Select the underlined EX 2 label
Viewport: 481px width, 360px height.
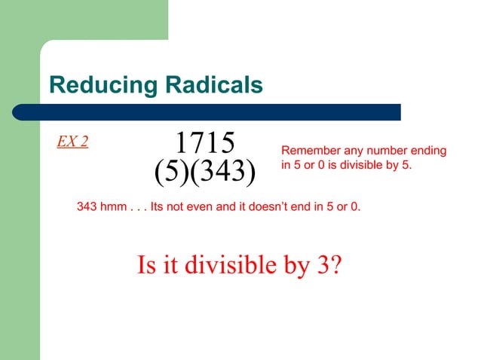pyautogui.click(x=72, y=142)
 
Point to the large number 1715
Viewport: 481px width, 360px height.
pyautogui.click(x=204, y=142)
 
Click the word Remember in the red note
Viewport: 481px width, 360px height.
pyautogui.click(x=309, y=151)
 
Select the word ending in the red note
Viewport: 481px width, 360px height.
pyautogui.click(x=427, y=152)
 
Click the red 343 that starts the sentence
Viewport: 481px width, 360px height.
pyautogui.click(x=88, y=206)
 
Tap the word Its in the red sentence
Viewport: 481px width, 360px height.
pyautogui.click(x=159, y=206)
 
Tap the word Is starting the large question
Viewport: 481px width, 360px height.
pyautogui.click(x=146, y=265)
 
